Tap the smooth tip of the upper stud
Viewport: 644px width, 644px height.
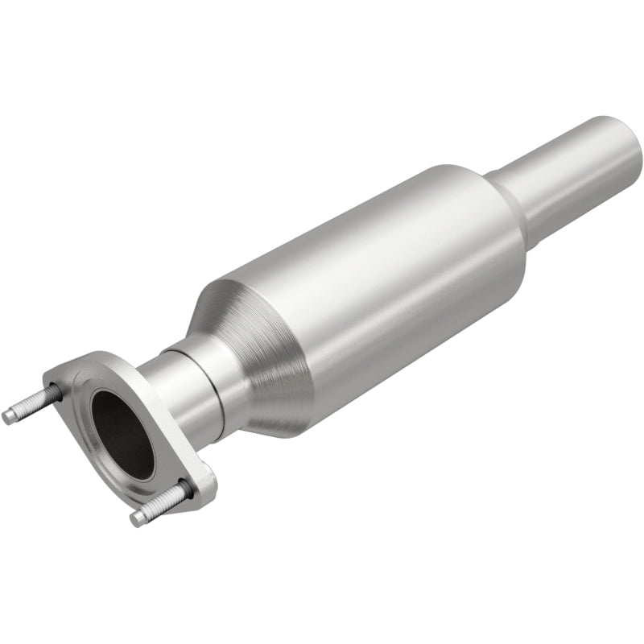(x=10, y=416)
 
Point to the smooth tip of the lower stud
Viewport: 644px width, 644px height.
(x=138, y=517)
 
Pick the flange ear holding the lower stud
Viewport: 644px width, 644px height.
(x=197, y=483)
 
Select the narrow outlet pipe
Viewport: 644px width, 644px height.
(x=572, y=173)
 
